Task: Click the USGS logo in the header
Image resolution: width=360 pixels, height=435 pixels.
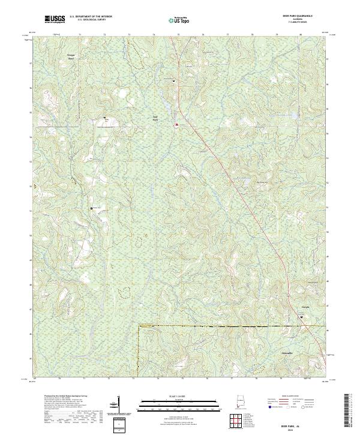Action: tap(55, 19)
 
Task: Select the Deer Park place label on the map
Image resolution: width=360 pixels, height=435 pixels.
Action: tap(155, 118)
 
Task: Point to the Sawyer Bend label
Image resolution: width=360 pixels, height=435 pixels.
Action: tap(71, 57)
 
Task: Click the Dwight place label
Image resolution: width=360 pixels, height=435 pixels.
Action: tap(304, 307)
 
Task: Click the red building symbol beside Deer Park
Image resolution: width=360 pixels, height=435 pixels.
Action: tap(176, 125)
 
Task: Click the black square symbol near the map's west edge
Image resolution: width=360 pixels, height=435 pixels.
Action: tap(92, 208)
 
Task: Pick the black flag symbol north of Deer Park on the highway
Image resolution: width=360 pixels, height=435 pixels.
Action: tap(174, 80)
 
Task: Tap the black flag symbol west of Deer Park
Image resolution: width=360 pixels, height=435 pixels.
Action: tap(104, 118)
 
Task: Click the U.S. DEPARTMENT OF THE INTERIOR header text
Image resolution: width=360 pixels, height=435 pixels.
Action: tap(91, 17)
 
